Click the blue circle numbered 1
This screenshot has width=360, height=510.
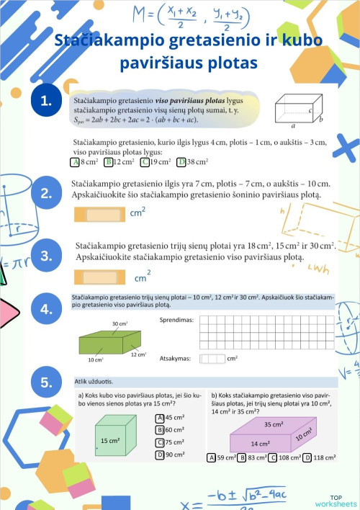click(47, 102)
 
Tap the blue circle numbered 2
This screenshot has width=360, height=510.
click(47, 193)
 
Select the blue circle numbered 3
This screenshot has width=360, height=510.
click(47, 256)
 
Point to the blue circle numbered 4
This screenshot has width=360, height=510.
click(47, 310)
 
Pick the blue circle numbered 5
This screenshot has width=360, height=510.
click(47, 383)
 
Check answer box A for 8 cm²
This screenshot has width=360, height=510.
click(74, 162)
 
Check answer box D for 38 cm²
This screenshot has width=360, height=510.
click(181, 162)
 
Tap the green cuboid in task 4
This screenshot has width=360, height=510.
click(108, 341)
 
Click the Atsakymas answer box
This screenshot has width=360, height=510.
click(212, 358)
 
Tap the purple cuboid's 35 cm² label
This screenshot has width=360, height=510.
click(273, 424)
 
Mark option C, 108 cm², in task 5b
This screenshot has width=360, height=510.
click(273, 457)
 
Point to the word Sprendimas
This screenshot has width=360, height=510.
click(175, 319)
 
